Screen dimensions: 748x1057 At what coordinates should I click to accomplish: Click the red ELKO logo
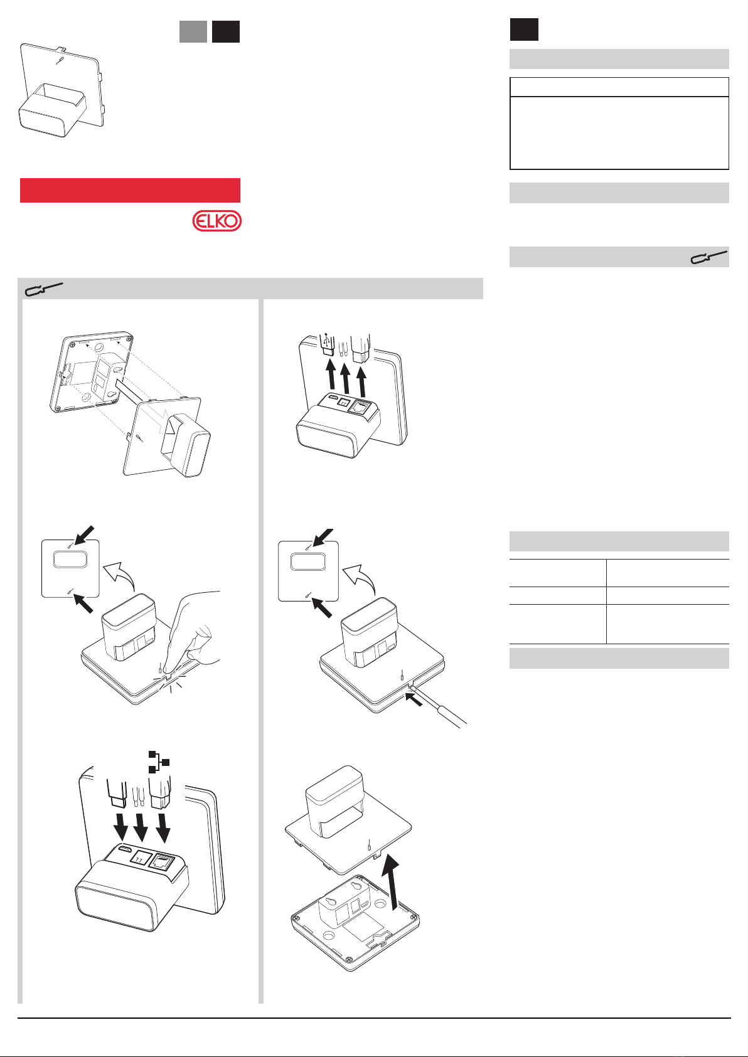(x=216, y=221)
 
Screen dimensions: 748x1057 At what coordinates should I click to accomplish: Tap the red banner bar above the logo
(x=130, y=190)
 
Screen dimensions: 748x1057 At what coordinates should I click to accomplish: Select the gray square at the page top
(x=193, y=31)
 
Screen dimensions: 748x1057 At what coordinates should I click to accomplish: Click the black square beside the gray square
(x=225, y=31)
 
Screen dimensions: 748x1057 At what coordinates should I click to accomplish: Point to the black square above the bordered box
(x=524, y=29)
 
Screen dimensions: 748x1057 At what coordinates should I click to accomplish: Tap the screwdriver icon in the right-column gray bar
(x=708, y=257)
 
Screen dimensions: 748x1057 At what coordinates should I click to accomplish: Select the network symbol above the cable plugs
(x=159, y=762)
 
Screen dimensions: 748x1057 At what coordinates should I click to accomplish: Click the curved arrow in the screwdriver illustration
(x=360, y=578)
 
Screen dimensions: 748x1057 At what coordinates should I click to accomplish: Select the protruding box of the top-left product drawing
(x=52, y=110)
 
